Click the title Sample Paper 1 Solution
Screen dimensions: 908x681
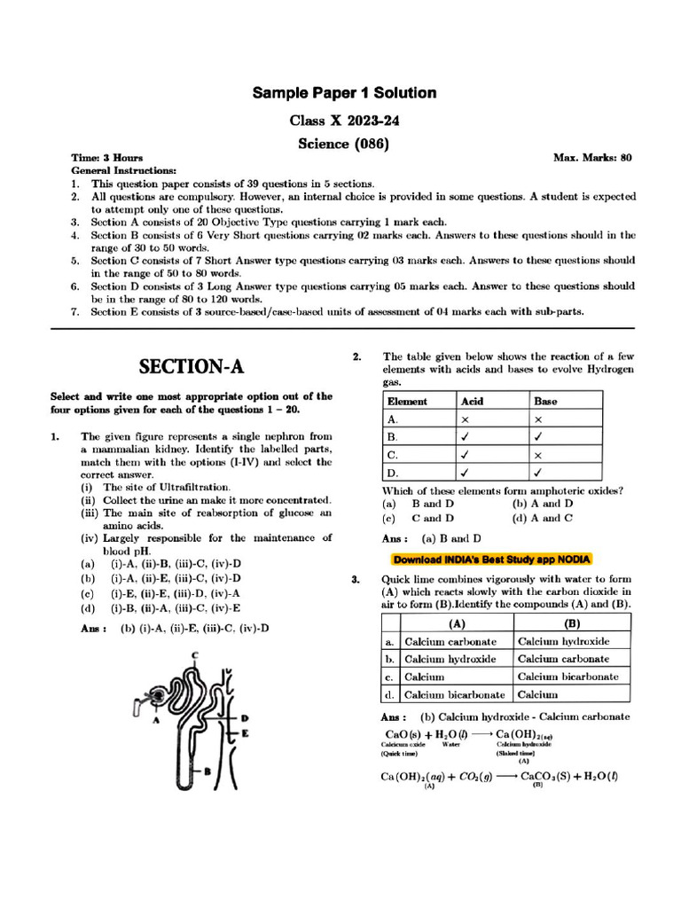tap(344, 93)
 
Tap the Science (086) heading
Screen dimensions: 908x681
tap(344, 142)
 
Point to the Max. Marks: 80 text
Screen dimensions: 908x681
tap(592, 158)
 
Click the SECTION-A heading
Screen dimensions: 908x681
tap(192, 366)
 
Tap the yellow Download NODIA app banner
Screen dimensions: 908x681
tap(492, 560)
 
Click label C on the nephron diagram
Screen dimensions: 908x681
tap(194, 655)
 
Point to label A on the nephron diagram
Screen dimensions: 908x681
tap(155, 721)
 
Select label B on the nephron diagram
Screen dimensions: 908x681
tap(207, 771)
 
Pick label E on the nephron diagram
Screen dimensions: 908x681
tap(245, 733)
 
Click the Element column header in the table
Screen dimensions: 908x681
tap(407, 401)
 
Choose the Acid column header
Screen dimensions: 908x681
tap(473, 401)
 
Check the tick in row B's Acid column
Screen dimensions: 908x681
tap(466, 437)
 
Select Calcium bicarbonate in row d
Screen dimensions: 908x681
tap(455, 695)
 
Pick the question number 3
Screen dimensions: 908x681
tap(356, 579)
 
